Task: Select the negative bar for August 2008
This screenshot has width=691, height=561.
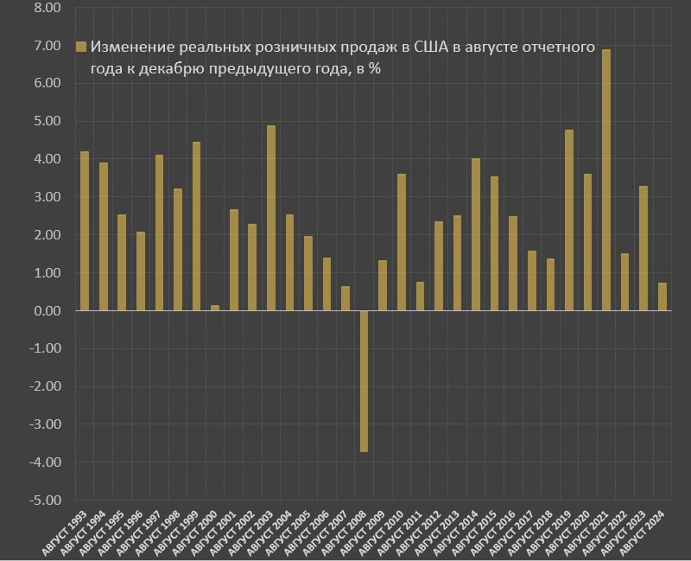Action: pyautogui.click(x=365, y=381)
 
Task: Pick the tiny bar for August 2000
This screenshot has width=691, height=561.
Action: pyautogui.click(x=215, y=308)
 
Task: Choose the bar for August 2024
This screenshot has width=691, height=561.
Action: pyautogui.click(x=662, y=296)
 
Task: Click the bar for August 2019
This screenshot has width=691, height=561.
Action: pyautogui.click(x=569, y=220)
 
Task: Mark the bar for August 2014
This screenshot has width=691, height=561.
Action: pyautogui.click(x=476, y=234)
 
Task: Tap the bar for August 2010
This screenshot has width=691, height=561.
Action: pyautogui.click(x=402, y=242)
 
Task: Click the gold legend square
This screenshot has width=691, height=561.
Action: pyautogui.click(x=82, y=47)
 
